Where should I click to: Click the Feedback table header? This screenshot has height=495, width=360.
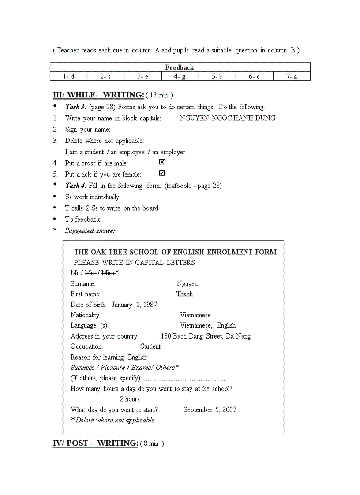point(180,67)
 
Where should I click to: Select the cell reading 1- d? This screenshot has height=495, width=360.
point(68,76)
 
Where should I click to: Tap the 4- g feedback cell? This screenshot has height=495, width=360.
point(180,76)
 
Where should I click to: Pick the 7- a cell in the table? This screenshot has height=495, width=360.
point(292,76)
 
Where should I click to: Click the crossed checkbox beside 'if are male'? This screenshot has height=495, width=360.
point(162,162)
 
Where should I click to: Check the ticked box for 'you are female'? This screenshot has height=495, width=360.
point(162,173)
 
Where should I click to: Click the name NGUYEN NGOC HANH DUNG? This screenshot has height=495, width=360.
point(228,118)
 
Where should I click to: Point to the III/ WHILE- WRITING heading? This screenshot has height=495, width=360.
point(98,95)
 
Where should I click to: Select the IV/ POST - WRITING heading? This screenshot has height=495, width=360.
point(96,443)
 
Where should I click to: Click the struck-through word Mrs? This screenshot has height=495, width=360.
point(90,273)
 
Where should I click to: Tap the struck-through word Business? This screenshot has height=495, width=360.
point(82,368)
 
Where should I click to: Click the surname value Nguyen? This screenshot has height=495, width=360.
point(187,284)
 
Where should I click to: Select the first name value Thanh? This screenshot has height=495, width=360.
point(184,294)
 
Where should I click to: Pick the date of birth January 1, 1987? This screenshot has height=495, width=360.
point(134,305)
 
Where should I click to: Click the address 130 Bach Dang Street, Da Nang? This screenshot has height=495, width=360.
point(206,336)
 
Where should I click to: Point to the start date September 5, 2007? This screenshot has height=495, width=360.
point(210,409)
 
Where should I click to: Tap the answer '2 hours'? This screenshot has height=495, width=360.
point(130,399)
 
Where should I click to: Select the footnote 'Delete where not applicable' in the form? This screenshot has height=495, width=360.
point(113,420)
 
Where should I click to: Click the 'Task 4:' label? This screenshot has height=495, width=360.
point(76,186)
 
